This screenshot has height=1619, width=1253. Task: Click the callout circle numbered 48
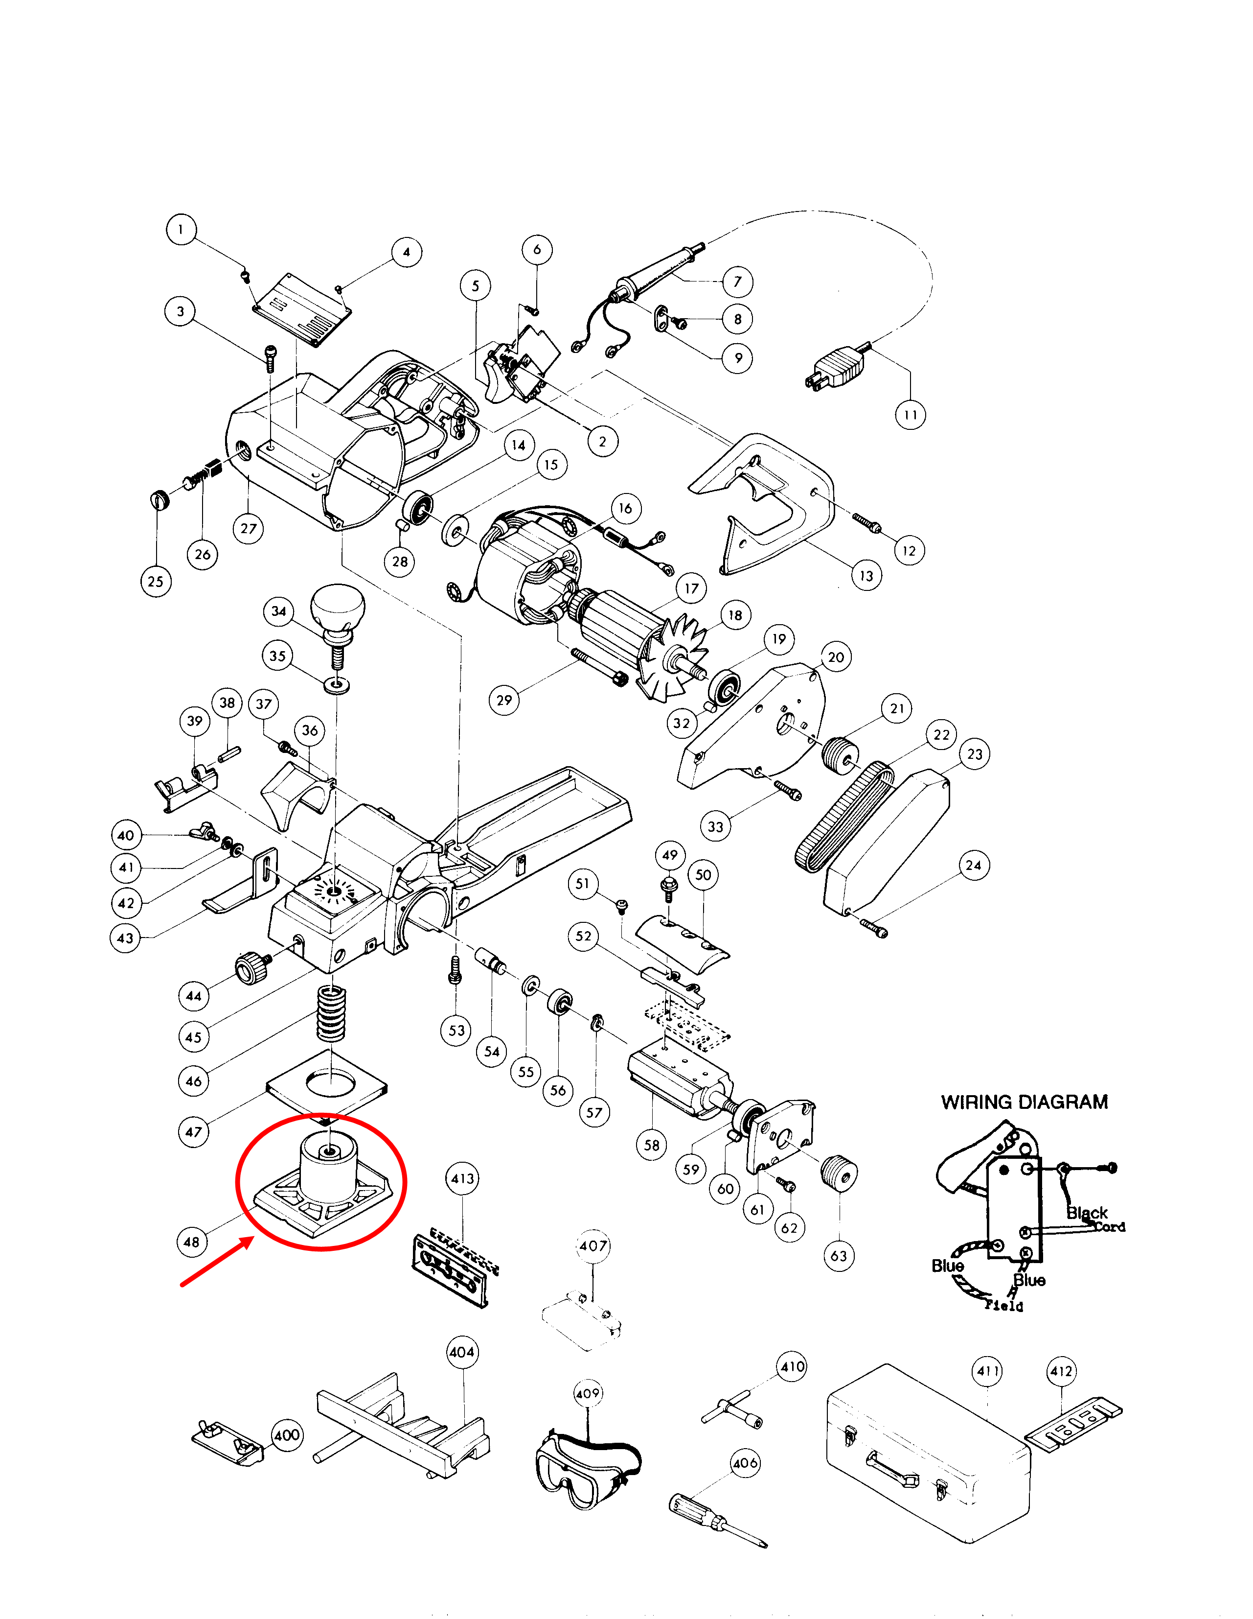click(x=191, y=1242)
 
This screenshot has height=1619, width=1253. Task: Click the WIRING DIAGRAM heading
click(x=1024, y=1103)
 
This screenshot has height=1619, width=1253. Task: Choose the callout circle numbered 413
click(x=462, y=1179)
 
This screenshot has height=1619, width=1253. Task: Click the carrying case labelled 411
click(x=926, y=1453)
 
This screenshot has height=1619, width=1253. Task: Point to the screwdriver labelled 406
click(x=715, y=1520)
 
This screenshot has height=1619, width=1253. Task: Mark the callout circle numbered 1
click(x=181, y=229)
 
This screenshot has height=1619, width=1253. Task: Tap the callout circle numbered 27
click(x=248, y=529)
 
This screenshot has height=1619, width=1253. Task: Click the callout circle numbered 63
click(x=839, y=1256)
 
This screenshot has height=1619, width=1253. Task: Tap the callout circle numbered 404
click(x=462, y=1351)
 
